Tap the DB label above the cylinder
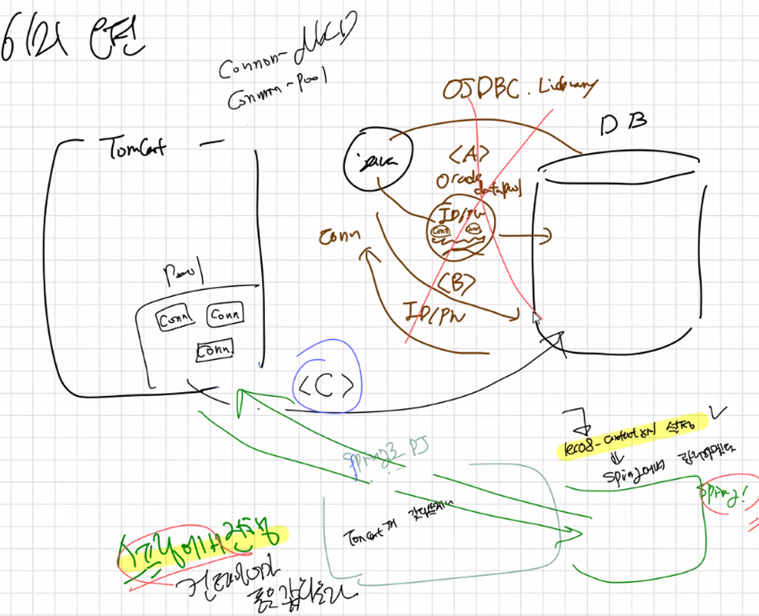pos(623,123)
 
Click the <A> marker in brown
pos(469,155)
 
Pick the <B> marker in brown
pos(457,283)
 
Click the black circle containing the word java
pos(377,159)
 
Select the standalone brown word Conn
pos(339,236)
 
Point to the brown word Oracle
pos(458,180)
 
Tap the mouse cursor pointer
pos(537,318)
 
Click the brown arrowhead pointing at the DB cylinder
pos(545,235)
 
